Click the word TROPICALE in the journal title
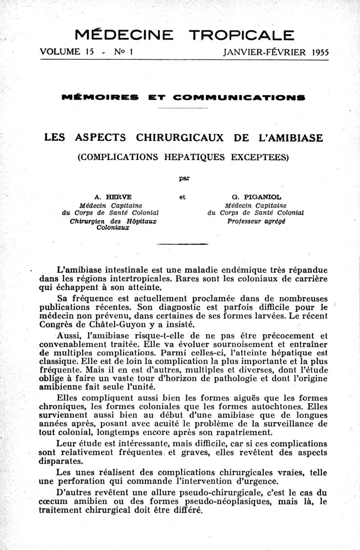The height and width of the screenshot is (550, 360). pyautogui.click(x=242, y=35)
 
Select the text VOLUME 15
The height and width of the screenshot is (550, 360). pyautogui.click(x=66, y=52)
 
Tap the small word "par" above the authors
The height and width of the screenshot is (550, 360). pyautogui.click(x=183, y=178)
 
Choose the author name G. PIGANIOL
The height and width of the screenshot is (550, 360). pyautogui.click(x=255, y=197)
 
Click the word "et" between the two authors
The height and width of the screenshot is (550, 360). pyautogui.click(x=182, y=197)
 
